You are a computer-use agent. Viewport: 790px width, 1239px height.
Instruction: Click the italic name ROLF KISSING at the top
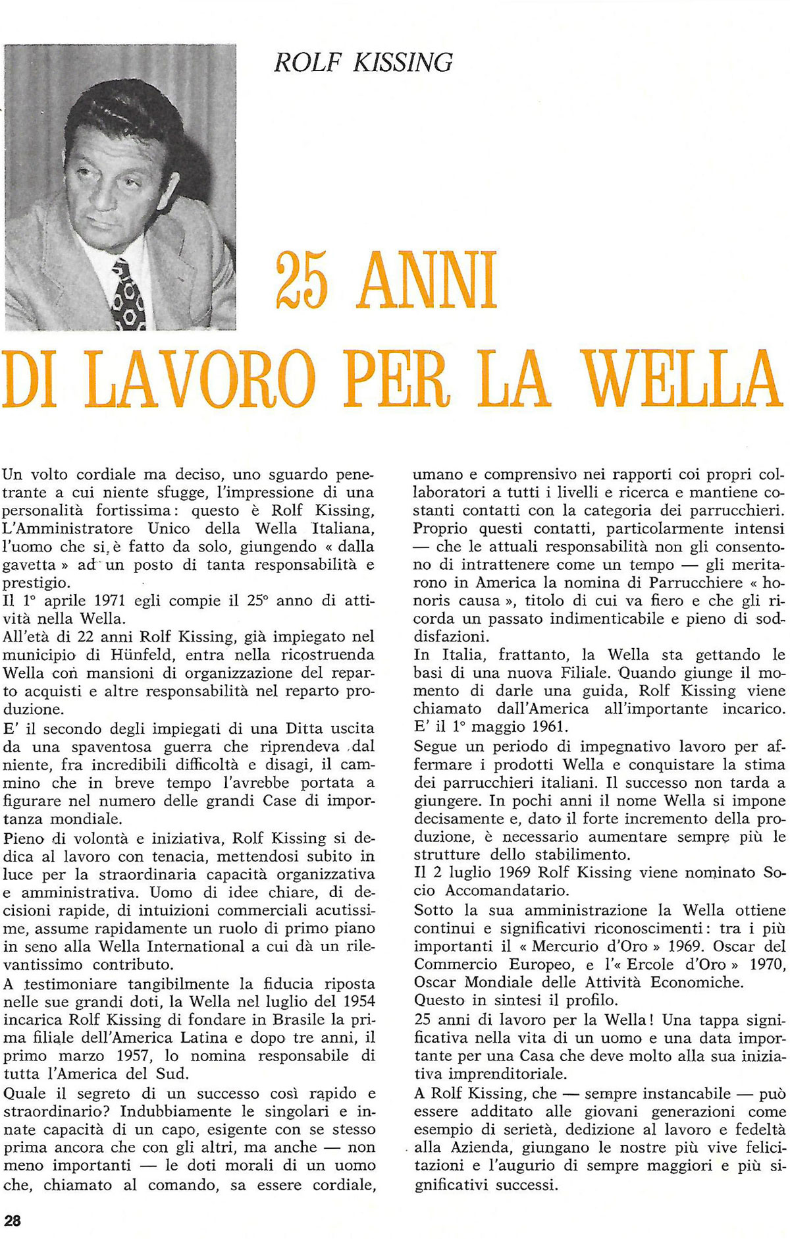363,63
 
